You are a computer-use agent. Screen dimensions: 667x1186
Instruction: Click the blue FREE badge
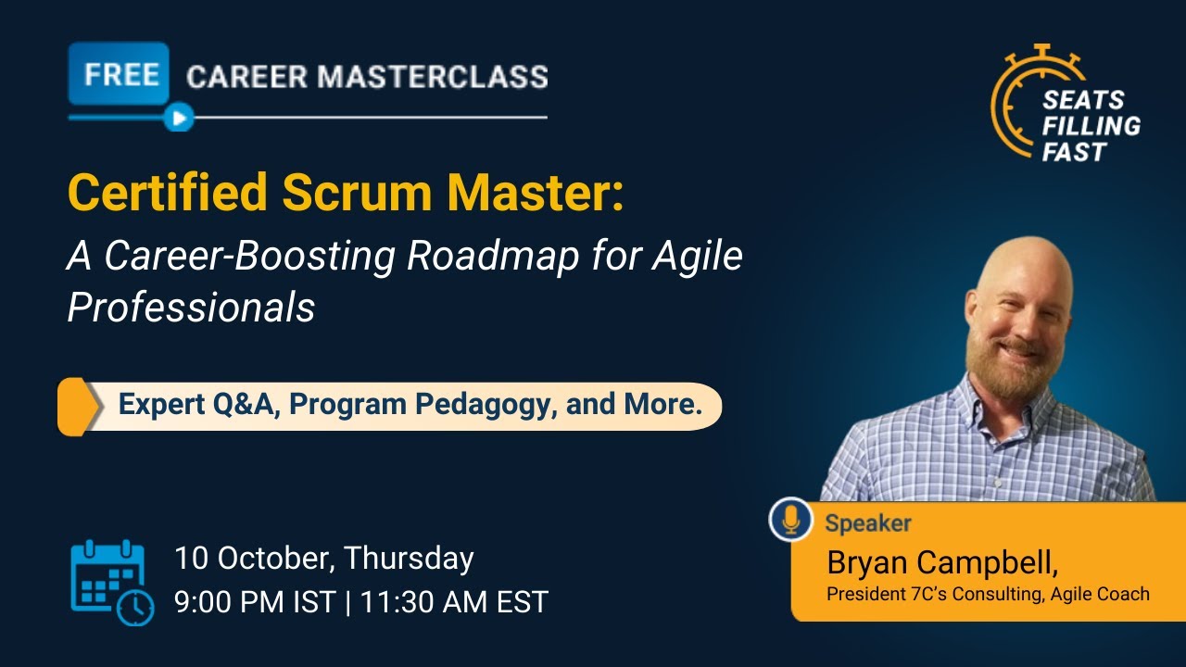point(119,74)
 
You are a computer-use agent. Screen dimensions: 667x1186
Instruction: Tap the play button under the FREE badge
point(179,118)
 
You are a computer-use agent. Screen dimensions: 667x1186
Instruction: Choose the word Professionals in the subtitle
point(191,308)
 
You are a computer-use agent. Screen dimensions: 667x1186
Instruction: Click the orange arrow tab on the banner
point(79,406)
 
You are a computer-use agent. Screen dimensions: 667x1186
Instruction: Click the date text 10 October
point(250,559)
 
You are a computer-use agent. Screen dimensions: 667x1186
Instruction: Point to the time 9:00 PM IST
point(255,602)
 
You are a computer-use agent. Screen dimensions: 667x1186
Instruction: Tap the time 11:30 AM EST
point(454,602)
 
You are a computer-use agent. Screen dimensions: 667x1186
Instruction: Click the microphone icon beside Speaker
point(790,520)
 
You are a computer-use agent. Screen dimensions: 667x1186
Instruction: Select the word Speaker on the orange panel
point(868,523)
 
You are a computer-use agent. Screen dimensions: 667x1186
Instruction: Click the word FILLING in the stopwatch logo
point(1091,125)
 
